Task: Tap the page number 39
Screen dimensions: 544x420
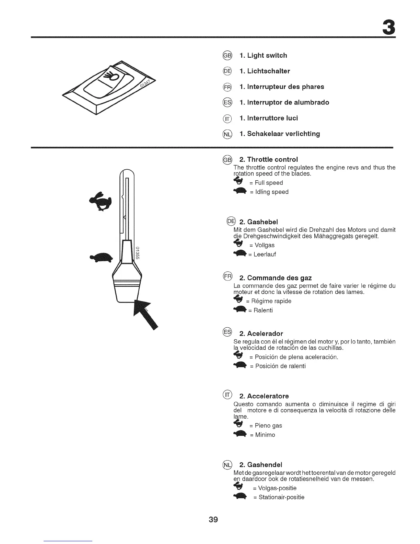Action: (213, 519)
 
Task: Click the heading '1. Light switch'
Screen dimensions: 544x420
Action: (263, 55)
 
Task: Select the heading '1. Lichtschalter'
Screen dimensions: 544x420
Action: (265, 71)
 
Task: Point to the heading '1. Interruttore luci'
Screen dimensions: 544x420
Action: (269, 118)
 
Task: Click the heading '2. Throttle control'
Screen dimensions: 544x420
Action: (268, 159)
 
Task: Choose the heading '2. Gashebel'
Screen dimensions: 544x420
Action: (258, 222)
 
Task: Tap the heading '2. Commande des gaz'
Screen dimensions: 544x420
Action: (275, 277)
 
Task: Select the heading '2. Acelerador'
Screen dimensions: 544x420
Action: (261, 333)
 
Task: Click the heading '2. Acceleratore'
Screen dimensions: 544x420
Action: (264, 396)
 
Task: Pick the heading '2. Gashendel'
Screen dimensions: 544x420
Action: (260, 465)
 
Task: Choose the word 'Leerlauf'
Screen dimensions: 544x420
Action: (264, 254)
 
